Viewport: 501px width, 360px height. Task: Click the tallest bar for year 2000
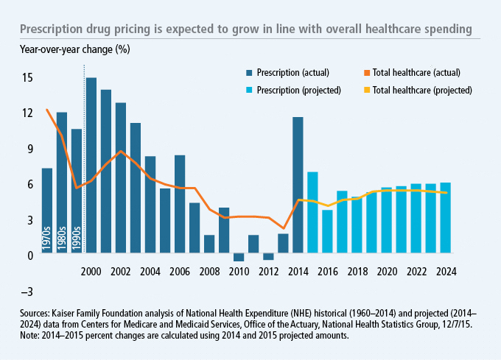tap(91, 166)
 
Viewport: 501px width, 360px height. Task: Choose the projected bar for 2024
tap(446, 219)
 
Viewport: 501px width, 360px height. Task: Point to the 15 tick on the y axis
tap(27, 77)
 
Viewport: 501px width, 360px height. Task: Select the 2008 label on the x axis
tap(209, 271)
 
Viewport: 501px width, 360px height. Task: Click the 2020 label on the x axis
tap(387, 271)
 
